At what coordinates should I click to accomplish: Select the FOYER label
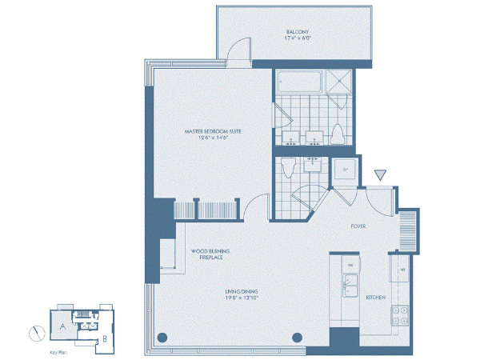click(358, 226)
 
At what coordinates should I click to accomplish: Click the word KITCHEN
click(376, 298)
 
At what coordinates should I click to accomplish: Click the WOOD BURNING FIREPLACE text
click(206, 254)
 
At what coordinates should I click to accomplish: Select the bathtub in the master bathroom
click(298, 82)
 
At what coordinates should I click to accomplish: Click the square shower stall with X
click(339, 79)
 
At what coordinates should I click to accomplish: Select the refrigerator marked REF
click(402, 269)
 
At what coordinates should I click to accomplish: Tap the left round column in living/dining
click(162, 337)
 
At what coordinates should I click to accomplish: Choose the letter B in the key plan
click(105, 340)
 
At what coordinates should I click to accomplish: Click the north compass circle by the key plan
click(37, 333)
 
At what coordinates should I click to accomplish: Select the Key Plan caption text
click(57, 352)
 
